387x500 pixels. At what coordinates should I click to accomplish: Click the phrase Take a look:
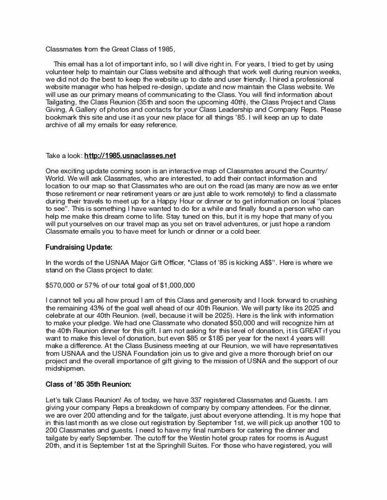click(x=64, y=156)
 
